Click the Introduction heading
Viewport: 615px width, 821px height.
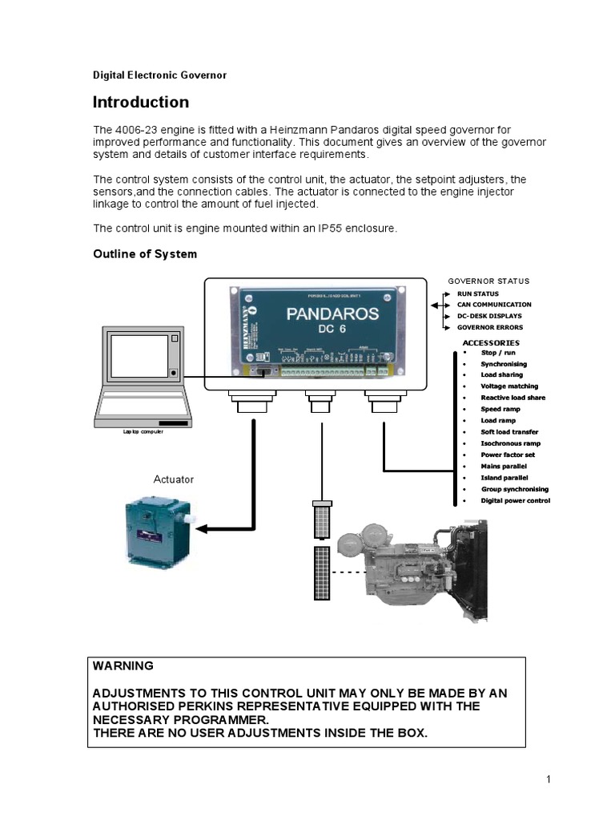(141, 103)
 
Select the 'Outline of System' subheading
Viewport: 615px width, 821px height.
(144, 254)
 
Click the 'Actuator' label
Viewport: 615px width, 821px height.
(174, 479)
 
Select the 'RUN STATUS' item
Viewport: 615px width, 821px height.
(477, 294)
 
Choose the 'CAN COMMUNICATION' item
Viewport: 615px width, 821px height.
(494, 305)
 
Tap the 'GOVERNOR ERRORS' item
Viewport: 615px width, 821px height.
(489, 327)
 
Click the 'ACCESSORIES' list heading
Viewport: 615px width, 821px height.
(491, 342)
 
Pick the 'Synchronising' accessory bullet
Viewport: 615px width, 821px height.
(504, 364)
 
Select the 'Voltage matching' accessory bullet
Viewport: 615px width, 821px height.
(509, 386)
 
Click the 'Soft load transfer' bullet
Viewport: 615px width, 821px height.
(509, 432)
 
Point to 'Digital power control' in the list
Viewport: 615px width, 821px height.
(515, 500)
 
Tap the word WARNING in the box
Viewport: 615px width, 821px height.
(123, 666)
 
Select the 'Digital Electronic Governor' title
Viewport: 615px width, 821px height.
(160, 75)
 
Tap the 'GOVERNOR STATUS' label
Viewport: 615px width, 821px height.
(488, 281)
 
